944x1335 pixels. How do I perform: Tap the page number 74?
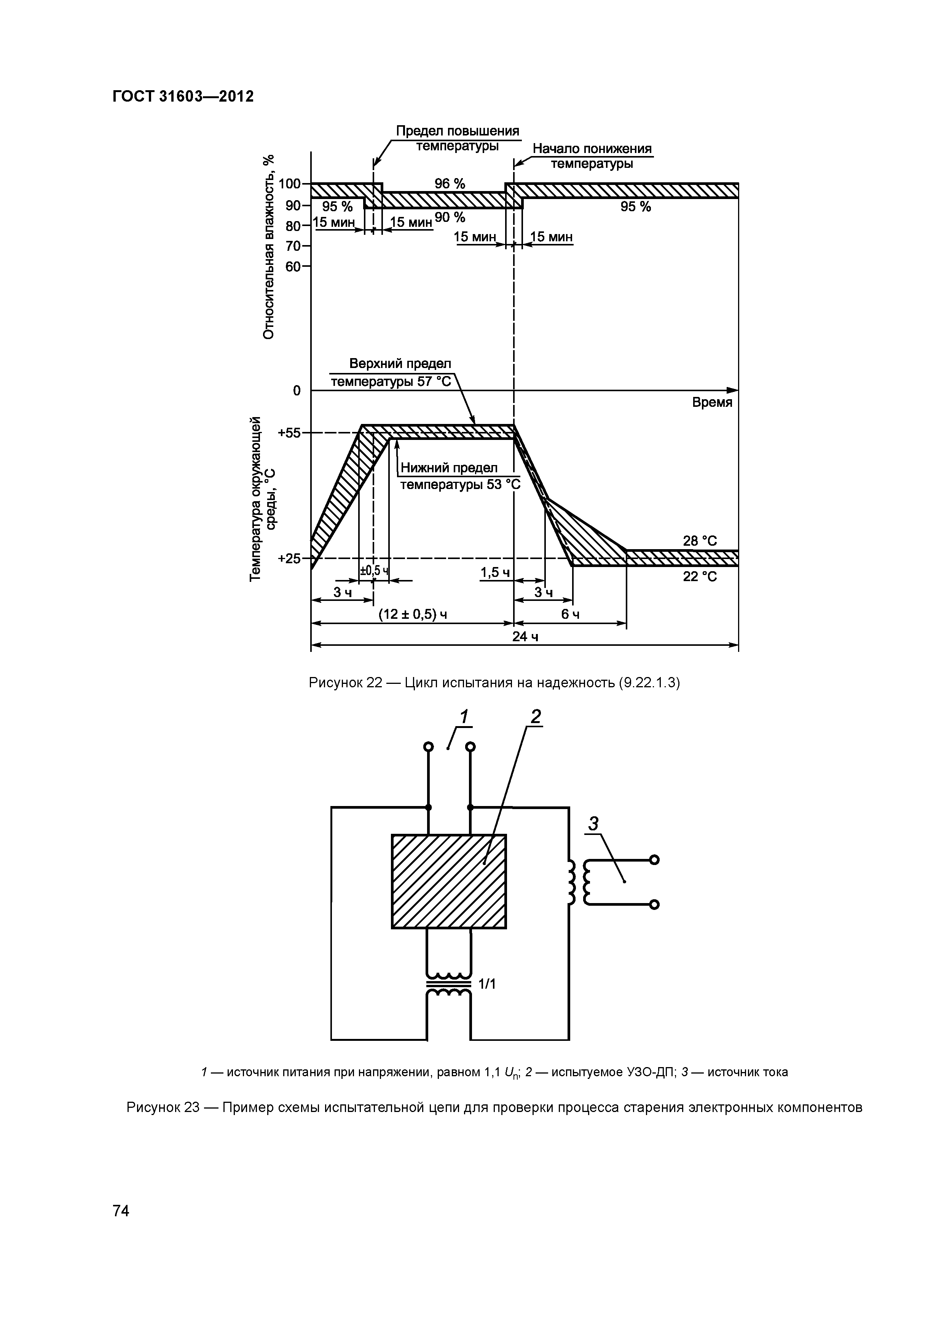point(121,1211)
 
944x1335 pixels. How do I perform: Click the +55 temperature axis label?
point(289,433)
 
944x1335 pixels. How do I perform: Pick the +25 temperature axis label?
point(289,559)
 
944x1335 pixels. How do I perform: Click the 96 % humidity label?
point(450,184)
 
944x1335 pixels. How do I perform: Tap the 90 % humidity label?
point(450,217)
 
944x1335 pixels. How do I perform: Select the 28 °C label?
point(700,541)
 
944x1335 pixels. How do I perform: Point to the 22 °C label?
point(700,576)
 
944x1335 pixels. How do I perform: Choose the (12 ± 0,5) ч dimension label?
point(412,615)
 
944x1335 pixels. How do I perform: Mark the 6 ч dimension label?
point(569,615)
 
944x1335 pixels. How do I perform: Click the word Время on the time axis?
point(712,402)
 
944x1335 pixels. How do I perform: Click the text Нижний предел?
point(448,468)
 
